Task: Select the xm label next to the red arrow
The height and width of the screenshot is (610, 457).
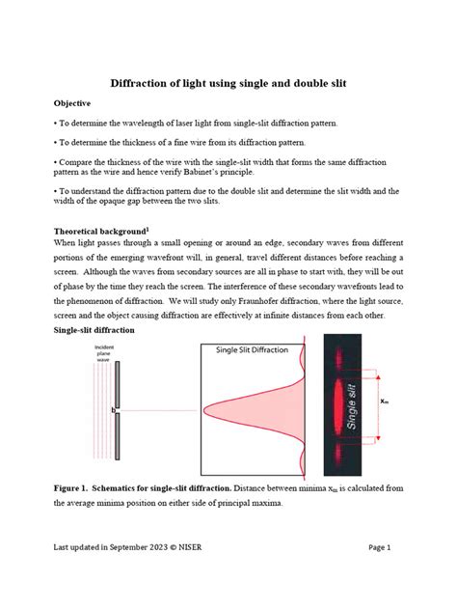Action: click(x=385, y=401)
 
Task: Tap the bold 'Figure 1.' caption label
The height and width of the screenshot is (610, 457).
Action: click(x=78, y=488)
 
